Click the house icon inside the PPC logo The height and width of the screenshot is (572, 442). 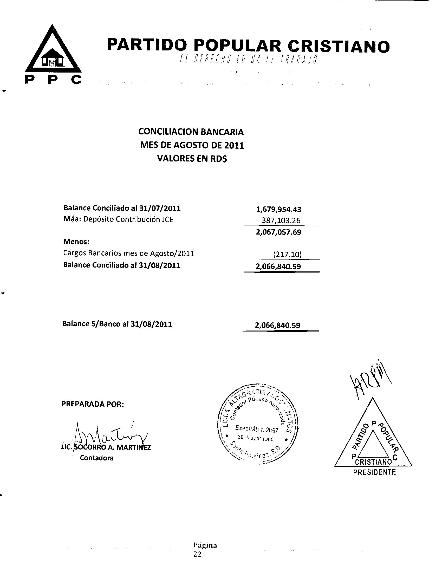pos(53,58)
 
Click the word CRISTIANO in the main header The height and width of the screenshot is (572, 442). pos(339,46)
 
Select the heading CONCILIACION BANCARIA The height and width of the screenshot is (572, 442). pos(191,132)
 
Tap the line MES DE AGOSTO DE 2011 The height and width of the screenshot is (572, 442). pos(192,145)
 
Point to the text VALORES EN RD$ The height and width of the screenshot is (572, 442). pos(192,158)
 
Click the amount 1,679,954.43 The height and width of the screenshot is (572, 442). pos(279,209)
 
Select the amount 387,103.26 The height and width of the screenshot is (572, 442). pos(281,220)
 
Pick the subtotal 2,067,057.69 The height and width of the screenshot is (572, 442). pos(279,232)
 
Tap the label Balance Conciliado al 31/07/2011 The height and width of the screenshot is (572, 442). pos(122,208)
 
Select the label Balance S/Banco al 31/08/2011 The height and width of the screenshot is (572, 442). pos(117,324)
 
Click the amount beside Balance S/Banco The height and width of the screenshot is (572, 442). pos(278,325)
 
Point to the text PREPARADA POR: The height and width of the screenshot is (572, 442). pos(93,404)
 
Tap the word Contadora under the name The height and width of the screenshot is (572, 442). pos(97,458)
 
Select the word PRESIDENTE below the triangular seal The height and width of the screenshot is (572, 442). pos(374,472)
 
